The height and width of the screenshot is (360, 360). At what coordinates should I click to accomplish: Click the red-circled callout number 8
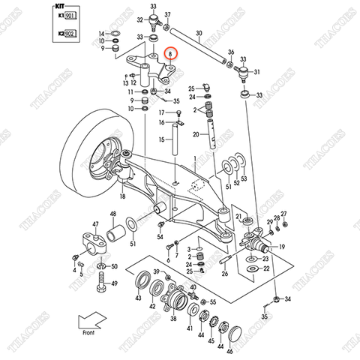click(x=172, y=54)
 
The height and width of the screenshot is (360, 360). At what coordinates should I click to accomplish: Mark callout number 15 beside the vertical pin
click(x=160, y=139)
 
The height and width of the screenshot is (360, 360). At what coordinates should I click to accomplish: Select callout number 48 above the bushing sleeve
click(x=113, y=214)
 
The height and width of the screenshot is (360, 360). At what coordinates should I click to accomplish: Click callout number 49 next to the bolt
click(x=114, y=284)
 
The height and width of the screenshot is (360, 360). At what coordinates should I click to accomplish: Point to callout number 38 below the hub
click(x=173, y=317)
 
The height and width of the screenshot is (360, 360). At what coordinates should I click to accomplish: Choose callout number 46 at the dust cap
click(x=230, y=349)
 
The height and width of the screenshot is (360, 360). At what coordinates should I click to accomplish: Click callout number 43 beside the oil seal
click(x=137, y=298)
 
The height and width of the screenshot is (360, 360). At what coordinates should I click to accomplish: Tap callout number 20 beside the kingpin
click(x=194, y=134)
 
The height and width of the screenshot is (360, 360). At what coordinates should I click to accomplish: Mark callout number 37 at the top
click(x=169, y=14)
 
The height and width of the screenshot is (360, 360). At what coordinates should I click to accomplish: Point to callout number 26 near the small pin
click(x=224, y=274)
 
